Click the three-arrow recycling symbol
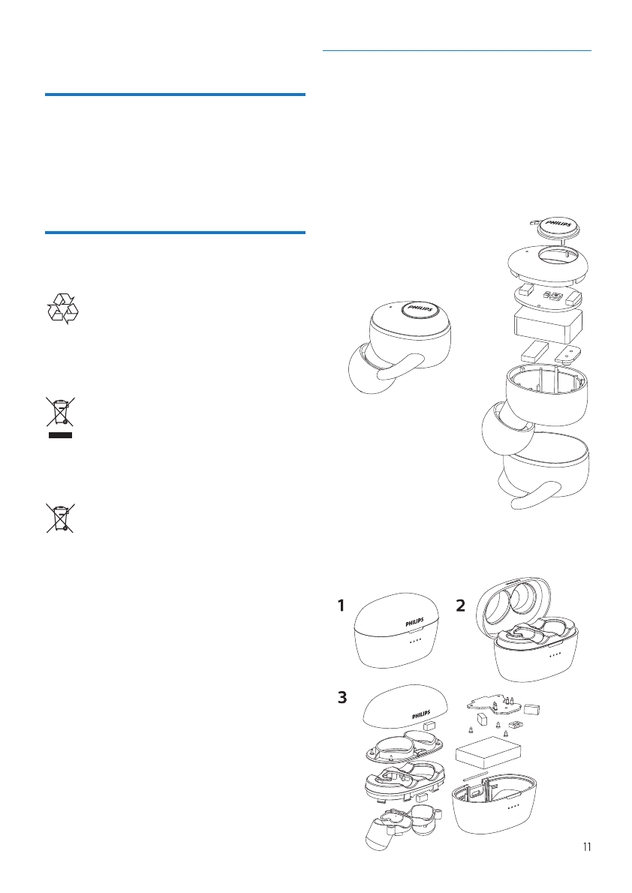[62, 308]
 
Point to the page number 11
[586, 847]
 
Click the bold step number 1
[342, 605]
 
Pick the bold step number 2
[462, 606]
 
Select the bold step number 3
[342, 698]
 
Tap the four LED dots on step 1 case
[415, 642]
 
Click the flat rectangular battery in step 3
[487, 752]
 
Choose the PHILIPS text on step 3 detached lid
[420, 714]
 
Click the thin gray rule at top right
[456, 51]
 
